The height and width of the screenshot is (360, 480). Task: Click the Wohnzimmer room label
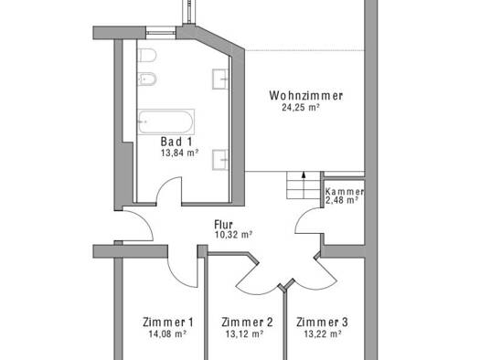click(x=305, y=95)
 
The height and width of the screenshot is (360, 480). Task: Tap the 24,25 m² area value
click(x=301, y=107)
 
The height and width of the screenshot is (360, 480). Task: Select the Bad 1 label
click(x=176, y=142)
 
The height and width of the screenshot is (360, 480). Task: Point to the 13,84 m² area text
click(x=180, y=153)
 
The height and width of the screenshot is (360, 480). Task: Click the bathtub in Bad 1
click(x=165, y=122)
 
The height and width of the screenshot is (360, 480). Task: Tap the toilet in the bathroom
click(x=147, y=56)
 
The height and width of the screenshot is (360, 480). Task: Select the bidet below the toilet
click(x=147, y=79)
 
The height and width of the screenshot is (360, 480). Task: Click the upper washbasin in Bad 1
click(x=220, y=79)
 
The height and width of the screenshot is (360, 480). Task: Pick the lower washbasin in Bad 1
click(x=220, y=160)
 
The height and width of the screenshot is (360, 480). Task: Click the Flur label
click(x=223, y=225)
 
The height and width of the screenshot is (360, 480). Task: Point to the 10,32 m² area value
click(x=233, y=235)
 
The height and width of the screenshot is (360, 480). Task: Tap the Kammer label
click(x=345, y=192)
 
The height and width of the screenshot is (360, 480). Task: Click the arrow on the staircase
click(x=304, y=185)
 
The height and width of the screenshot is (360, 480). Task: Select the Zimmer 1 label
click(x=167, y=322)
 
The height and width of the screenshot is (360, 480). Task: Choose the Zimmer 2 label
click(x=247, y=322)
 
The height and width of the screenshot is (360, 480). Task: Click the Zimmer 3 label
click(x=322, y=322)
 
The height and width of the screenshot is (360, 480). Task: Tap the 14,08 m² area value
click(x=167, y=334)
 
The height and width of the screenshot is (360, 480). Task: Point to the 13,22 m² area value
click(x=323, y=334)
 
